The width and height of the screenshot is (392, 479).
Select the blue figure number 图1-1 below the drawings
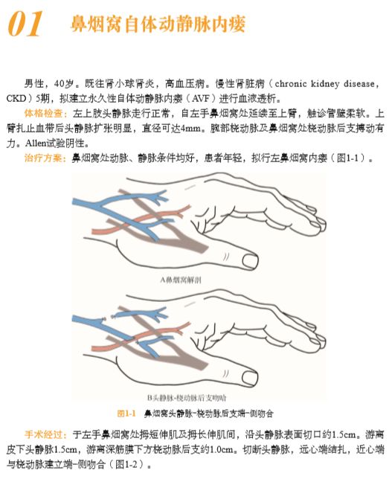126,413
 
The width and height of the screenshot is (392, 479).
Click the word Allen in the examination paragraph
36,143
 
